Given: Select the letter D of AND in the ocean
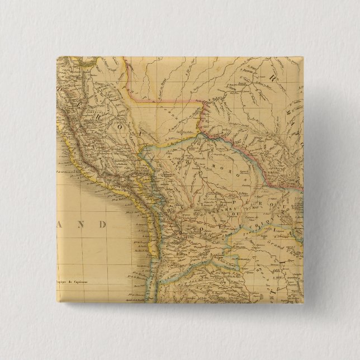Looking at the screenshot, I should pyautogui.click(x=101, y=225).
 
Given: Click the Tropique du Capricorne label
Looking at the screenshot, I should pyautogui.click(x=77, y=281).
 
